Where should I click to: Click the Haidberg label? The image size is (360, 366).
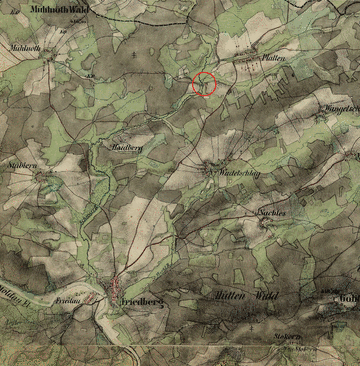121,147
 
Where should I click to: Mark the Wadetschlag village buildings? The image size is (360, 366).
211,166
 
